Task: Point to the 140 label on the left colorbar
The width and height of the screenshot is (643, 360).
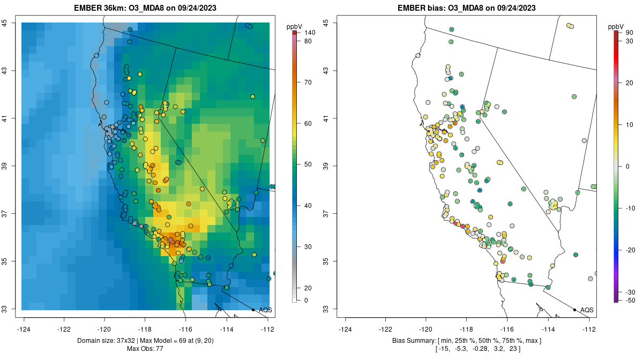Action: [x=310, y=33]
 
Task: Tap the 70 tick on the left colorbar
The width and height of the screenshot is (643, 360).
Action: [x=308, y=82]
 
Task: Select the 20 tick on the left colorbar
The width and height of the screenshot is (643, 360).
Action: [x=308, y=288]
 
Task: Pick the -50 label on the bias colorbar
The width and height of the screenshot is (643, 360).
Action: [x=630, y=301]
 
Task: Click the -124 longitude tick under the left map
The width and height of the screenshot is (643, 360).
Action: [x=24, y=329]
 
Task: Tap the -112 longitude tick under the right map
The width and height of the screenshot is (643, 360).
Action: [x=589, y=329]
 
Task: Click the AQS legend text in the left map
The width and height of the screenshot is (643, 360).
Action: [x=265, y=310]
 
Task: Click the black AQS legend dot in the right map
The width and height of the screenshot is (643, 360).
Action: [x=574, y=310]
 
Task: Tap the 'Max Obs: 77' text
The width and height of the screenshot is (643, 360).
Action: [x=145, y=349]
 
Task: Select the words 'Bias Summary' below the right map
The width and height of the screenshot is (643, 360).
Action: [x=411, y=341]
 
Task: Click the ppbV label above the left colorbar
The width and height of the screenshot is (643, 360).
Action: [x=295, y=26]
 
